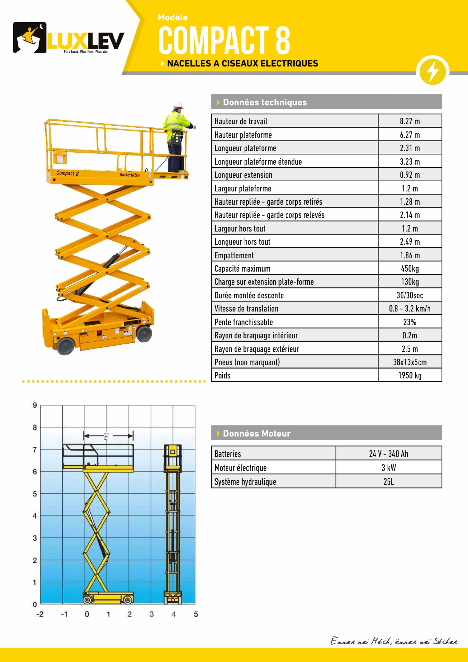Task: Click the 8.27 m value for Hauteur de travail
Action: pos(410,121)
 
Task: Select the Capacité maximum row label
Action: pos(242,269)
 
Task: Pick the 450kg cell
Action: pos(410,269)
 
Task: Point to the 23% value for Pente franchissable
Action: pos(410,322)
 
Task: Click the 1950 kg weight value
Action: pos(410,375)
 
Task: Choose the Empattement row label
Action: pos(234,255)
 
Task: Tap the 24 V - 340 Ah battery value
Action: pos(388,454)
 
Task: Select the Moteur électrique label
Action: pos(240,468)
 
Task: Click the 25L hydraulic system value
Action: pos(388,481)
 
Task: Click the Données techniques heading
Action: pos(265,102)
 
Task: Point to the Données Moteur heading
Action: pos(256,433)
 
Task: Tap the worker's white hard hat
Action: pos(178,104)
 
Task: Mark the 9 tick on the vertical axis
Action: pos(35,405)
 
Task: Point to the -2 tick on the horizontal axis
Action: pos(40,614)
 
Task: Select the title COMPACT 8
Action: pos(224,40)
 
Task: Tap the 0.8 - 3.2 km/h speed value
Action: pos(410,309)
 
